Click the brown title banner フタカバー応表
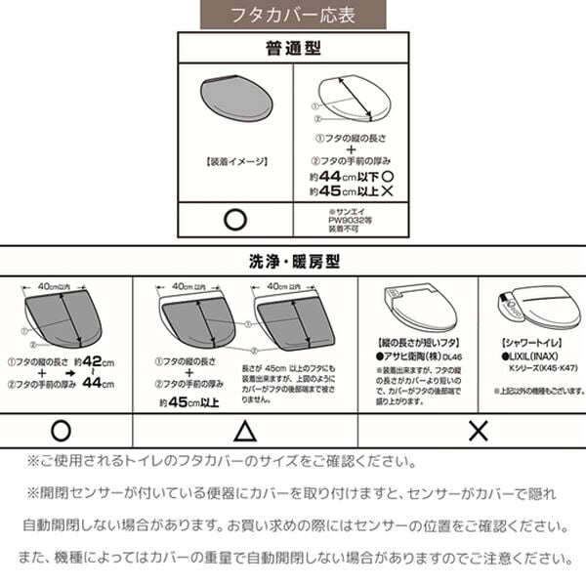pyautogui.click(x=293, y=15)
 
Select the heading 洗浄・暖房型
pyautogui.click(x=292, y=261)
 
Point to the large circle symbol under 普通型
pyautogui.click(x=234, y=218)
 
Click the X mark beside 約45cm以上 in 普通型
pyautogui.click(x=387, y=191)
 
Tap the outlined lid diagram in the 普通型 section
pyautogui.click(x=349, y=99)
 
